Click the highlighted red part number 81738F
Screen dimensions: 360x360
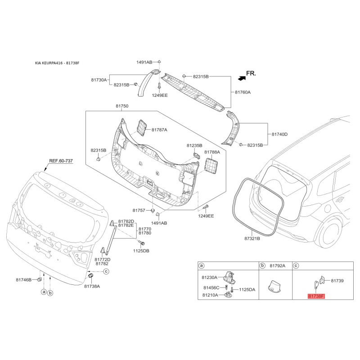point(316,296)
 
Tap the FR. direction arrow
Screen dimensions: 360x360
point(242,78)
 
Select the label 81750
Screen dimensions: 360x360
point(122,106)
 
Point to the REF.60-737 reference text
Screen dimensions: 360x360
point(61,161)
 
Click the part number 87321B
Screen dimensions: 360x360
point(252,238)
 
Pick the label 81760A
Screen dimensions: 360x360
point(243,92)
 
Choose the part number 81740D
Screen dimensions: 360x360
point(279,134)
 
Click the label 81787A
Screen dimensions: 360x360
point(159,130)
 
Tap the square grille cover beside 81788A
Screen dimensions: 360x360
point(211,165)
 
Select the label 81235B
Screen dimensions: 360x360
point(194,145)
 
